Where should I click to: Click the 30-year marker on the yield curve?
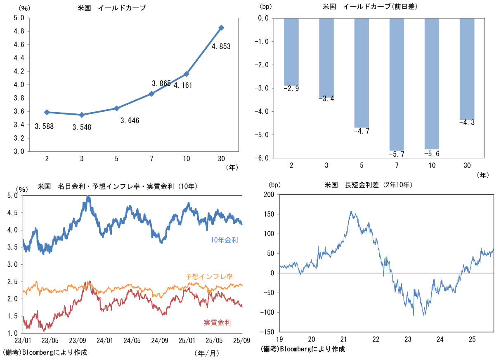pos(221,28)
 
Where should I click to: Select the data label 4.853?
pos(221,47)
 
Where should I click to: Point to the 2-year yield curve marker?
pos(47,112)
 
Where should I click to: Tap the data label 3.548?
pos(82,127)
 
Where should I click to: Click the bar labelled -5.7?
pos(396,84)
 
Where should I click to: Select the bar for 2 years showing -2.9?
pos(291,52)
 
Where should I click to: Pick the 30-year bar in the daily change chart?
pos(467,69)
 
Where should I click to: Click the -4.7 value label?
pos(362,131)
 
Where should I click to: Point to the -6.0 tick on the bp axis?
pos(263,158)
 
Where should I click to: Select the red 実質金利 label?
pos(217,322)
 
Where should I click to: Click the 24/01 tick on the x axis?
pos(105,341)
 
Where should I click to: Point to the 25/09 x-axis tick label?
pos(241,341)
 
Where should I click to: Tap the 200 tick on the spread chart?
pos(269,194)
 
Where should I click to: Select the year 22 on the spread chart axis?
pos(376,339)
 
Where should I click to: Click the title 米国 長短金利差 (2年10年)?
pos(369,185)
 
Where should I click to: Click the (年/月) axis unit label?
pos(206,353)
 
